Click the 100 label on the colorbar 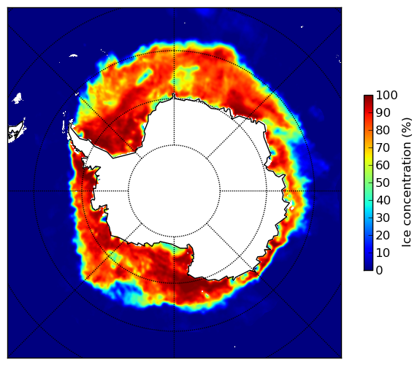pyautogui.click(x=386, y=95)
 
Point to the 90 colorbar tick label pyautogui.click(x=383, y=112)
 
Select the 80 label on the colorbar pyautogui.click(x=383, y=130)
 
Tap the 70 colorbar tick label pyautogui.click(x=383, y=147)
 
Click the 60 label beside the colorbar pyautogui.click(x=383, y=165)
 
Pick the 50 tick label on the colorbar pyautogui.click(x=383, y=183)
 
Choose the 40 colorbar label pyautogui.click(x=383, y=200)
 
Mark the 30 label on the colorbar pyautogui.click(x=383, y=218)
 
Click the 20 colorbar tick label pyautogui.click(x=383, y=235)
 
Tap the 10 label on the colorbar pyautogui.click(x=383, y=253)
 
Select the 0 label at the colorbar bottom pyautogui.click(x=380, y=271)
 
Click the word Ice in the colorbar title pyautogui.click(x=407, y=240)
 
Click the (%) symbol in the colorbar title pyautogui.click(x=407, y=128)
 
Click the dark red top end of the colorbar pyautogui.click(x=368, y=97)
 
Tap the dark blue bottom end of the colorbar pyautogui.click(x=368, y=269)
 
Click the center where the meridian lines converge pyautogui.click(x=174, y=191)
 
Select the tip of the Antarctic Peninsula pyautogui.click(x=70, y=125)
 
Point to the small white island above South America pyautogui.click(x=18, y=98)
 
